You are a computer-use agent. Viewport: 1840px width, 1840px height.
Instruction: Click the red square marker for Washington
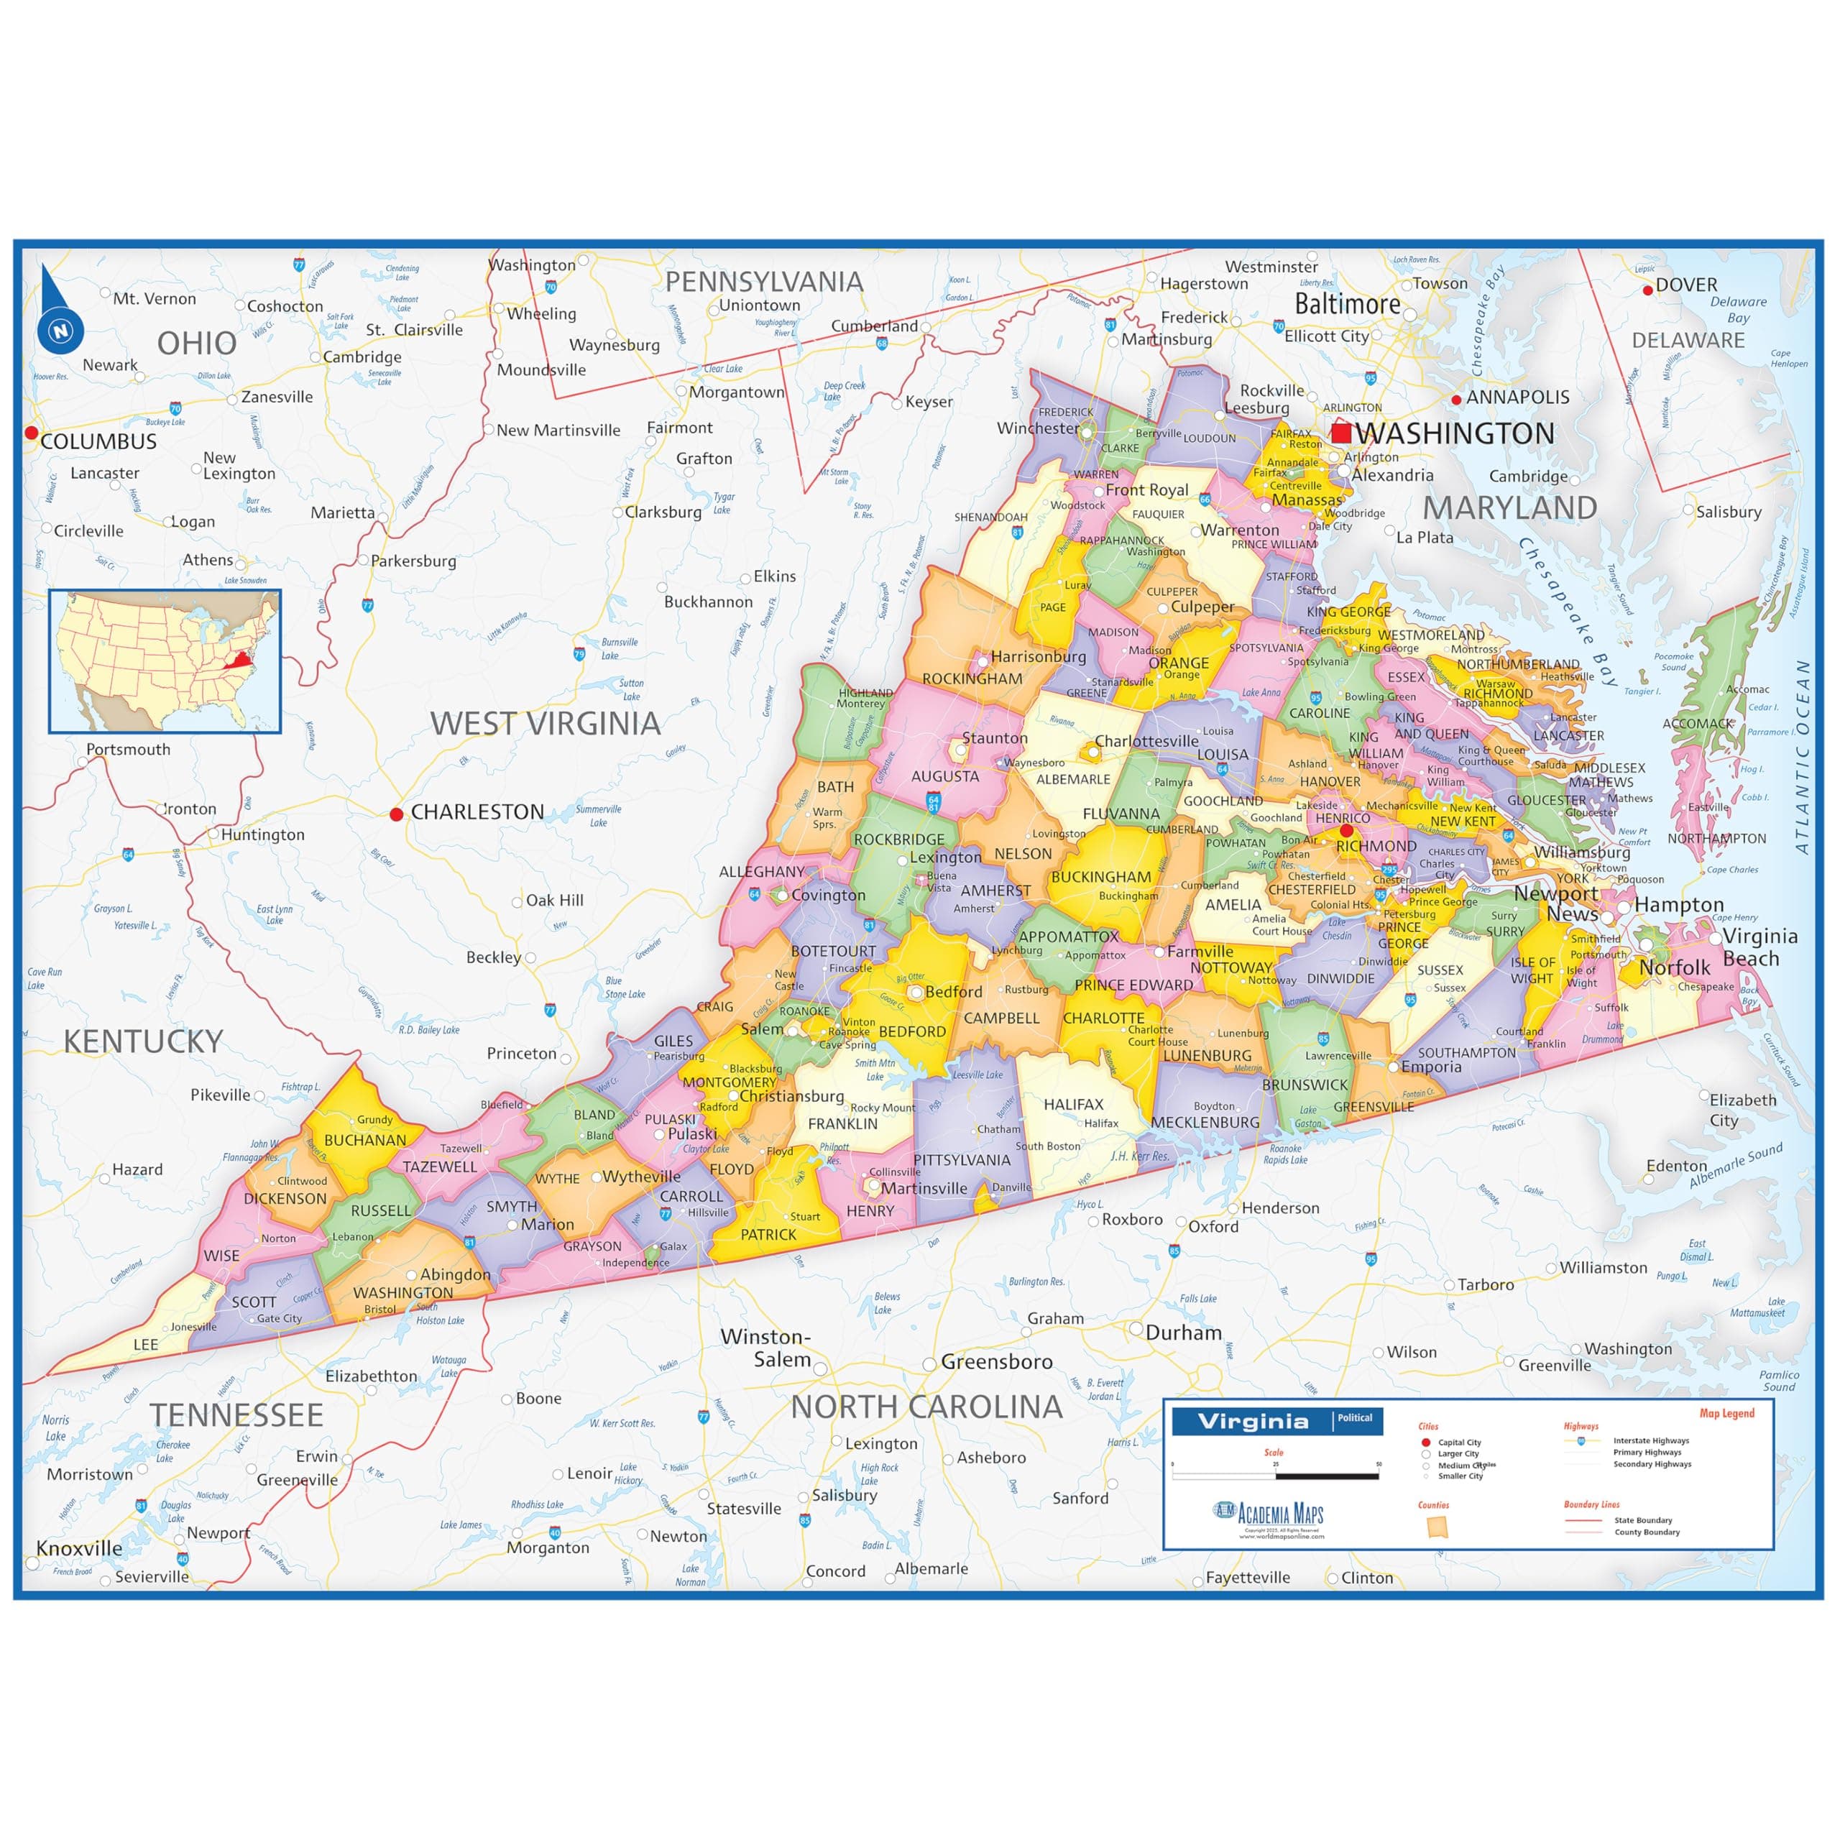pos(1341,433)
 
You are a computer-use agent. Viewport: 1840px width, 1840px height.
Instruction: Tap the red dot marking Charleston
pos(396,814)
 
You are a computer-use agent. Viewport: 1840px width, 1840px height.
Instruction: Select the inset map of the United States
pos(165,661)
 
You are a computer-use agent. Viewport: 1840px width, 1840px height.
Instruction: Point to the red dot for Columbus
pos(32,433)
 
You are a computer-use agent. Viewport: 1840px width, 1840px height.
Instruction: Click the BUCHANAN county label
pos(364,1140)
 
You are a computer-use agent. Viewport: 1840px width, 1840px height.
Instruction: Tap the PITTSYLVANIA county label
pos(962,1159)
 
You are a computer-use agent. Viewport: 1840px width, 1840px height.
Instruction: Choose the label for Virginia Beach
pos(1759,947)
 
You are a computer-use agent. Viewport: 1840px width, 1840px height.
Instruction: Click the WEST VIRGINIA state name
pos(545,723)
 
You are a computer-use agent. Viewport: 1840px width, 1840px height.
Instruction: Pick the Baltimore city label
pos(1347,305)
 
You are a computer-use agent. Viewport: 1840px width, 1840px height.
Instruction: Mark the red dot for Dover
pos(1649,290)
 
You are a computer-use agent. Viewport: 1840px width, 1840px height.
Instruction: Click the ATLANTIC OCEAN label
pos(1802,757)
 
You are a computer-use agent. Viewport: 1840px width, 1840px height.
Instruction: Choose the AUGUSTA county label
pos(944,776)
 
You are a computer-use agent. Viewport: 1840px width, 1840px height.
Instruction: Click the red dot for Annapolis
pos(1456,400)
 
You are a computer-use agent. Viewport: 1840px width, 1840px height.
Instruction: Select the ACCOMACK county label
pos(1697,724)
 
